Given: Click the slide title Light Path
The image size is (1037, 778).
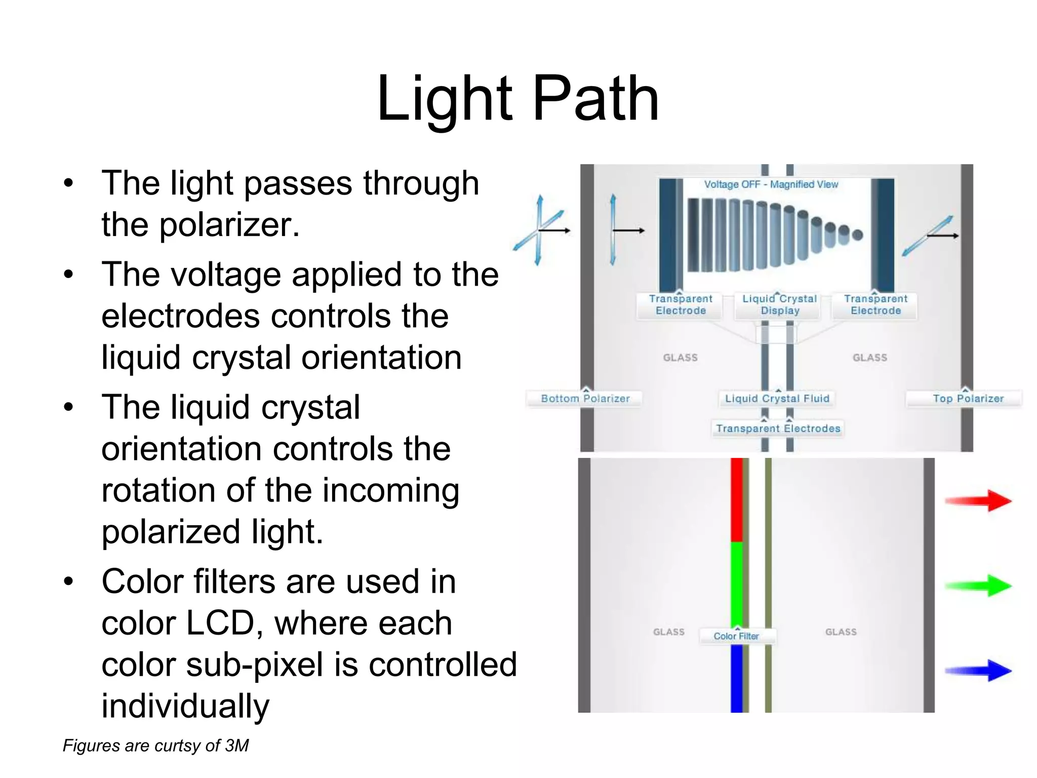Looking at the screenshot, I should [517, 99].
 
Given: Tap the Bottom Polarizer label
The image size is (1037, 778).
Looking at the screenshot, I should [585, 399].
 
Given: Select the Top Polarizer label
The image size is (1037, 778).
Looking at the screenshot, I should [968, 399].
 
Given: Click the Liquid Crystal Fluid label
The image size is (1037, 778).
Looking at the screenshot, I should [777, 399].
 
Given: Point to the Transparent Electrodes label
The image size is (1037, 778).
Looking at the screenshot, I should [778, 429].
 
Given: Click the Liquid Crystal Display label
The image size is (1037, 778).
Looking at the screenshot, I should [779, 305].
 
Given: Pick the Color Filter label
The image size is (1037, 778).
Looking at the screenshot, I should [736, 636].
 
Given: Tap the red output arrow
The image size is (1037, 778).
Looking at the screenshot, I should [978, 501].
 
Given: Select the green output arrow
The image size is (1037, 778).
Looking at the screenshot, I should [978, 586].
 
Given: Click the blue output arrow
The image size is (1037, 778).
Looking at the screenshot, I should [978, 671].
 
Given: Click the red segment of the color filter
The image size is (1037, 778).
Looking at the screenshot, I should [737, 499].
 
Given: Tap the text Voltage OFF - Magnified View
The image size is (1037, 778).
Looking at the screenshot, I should [771, 185].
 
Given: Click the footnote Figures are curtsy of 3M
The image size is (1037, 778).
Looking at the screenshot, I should [155, 746].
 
